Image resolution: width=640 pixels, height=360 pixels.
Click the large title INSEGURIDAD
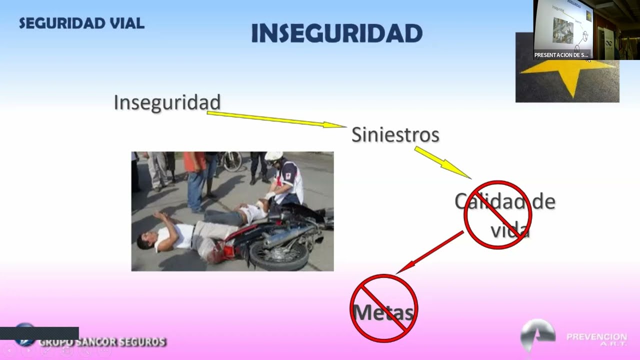click(336, 33)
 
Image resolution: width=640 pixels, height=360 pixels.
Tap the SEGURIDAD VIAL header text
click(81, 23)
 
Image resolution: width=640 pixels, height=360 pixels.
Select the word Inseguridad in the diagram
click(167, 102)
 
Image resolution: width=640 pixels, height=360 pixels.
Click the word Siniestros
click(395, 134)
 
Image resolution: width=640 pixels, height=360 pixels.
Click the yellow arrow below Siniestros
click(442, 162)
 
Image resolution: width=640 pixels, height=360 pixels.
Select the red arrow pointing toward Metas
click(430, 252)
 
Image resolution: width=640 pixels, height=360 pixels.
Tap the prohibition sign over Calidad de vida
click(497, 214)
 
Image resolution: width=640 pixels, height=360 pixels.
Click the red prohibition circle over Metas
click(383, 307)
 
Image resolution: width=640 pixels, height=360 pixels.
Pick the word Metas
click(383, 312)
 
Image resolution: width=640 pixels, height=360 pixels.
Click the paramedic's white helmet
click(273, 156)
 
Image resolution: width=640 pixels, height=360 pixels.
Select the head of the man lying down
click(145, 240)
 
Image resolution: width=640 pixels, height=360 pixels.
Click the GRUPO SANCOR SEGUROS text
click(102, 342)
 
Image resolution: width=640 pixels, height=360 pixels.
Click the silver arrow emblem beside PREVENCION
click(537, 333)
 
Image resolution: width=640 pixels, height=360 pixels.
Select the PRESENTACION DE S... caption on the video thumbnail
click(561, 55)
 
